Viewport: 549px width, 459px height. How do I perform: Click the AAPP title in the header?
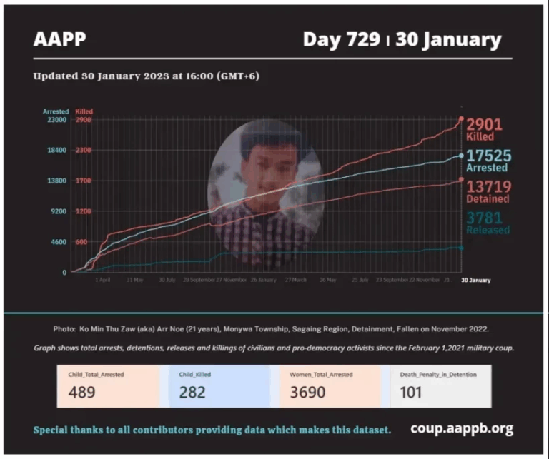tap(59, 39)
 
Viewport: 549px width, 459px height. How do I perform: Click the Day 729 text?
tap(341, 39)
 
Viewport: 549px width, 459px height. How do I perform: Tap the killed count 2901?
tap(484, 124)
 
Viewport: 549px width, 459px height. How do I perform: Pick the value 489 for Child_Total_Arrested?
tap(84, 392)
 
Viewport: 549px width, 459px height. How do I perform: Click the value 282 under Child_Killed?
tap(192, 392)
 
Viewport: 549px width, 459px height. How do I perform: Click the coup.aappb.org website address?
tap(462, 428)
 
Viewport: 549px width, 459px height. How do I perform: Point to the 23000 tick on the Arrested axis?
tap(56, 120)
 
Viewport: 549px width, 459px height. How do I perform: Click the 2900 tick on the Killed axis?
tap(83, 120)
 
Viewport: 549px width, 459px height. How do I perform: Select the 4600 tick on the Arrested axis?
tap(58, 242)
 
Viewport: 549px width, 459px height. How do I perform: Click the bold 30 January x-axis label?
tap(475, 281)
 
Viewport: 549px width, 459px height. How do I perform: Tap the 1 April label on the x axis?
tap(102, 281)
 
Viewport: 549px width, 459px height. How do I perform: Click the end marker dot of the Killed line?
tap(461, 119)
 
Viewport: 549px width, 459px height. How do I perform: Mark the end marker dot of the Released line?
tap(461, 248)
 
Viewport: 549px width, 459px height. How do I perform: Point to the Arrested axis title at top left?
tap(56, 111)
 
